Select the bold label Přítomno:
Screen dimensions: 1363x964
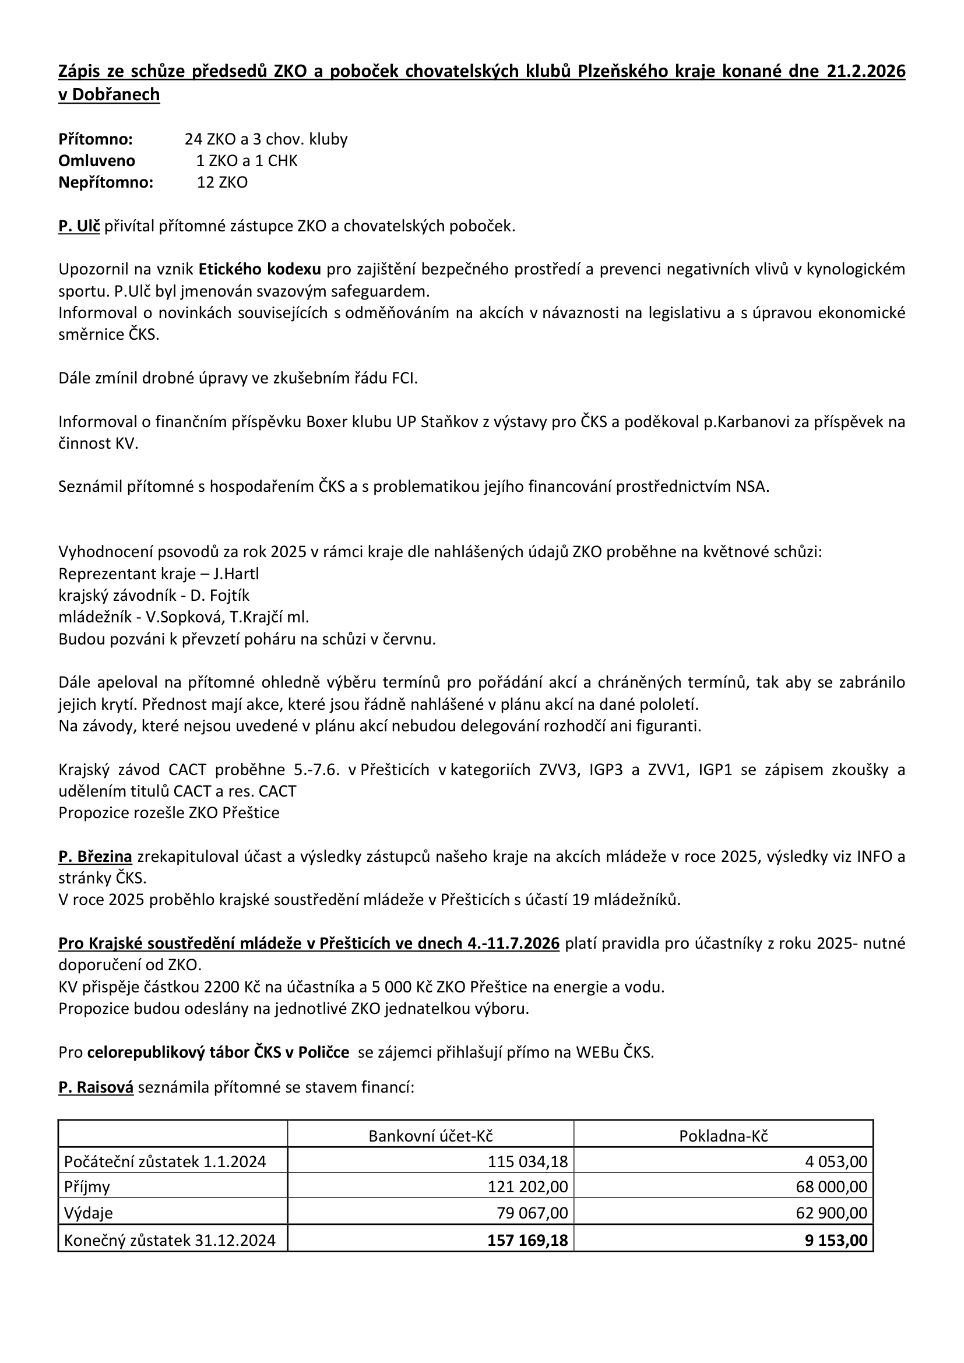click(96, 139)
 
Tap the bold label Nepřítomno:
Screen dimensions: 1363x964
click(105, 182)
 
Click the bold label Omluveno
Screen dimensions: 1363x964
click(97, 161)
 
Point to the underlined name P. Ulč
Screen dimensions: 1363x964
click(79, 226)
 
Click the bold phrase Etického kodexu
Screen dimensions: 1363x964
click(259, 270)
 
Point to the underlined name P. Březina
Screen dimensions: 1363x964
click(95, 857)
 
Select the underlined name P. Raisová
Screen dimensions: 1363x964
click(96, 1087)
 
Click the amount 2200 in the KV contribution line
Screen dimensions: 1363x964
click(222, 987)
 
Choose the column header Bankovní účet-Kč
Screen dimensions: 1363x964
click(430, 1136)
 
